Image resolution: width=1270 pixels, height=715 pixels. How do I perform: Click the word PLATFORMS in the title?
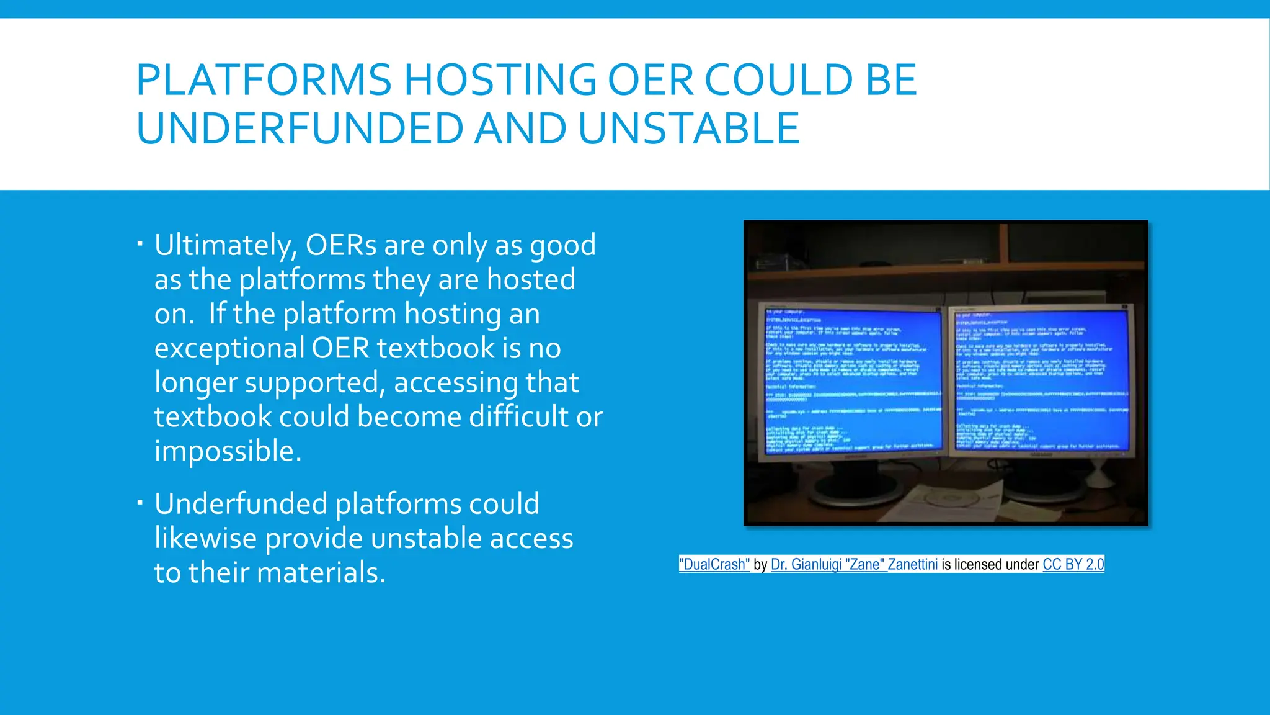coord(264,80)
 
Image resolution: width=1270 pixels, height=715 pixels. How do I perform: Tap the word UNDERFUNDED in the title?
coord(300,128)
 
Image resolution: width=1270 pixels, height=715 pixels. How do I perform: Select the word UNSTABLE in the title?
coord(688,128)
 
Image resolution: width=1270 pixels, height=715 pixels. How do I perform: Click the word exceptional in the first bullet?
coord(229,348)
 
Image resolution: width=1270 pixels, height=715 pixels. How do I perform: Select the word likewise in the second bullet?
coord(205,538)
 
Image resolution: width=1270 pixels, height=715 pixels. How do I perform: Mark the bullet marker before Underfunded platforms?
coord(140,501)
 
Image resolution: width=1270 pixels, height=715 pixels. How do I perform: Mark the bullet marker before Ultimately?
coord(140,243)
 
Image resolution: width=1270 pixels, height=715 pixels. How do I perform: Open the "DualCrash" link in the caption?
coord(714,564)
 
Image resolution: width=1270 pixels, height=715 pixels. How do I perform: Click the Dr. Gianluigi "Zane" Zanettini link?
coord(854,564)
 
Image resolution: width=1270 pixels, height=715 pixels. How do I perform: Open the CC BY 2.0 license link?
coord(1073,564)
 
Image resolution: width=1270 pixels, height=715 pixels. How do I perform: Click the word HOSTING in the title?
coord(500,80)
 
